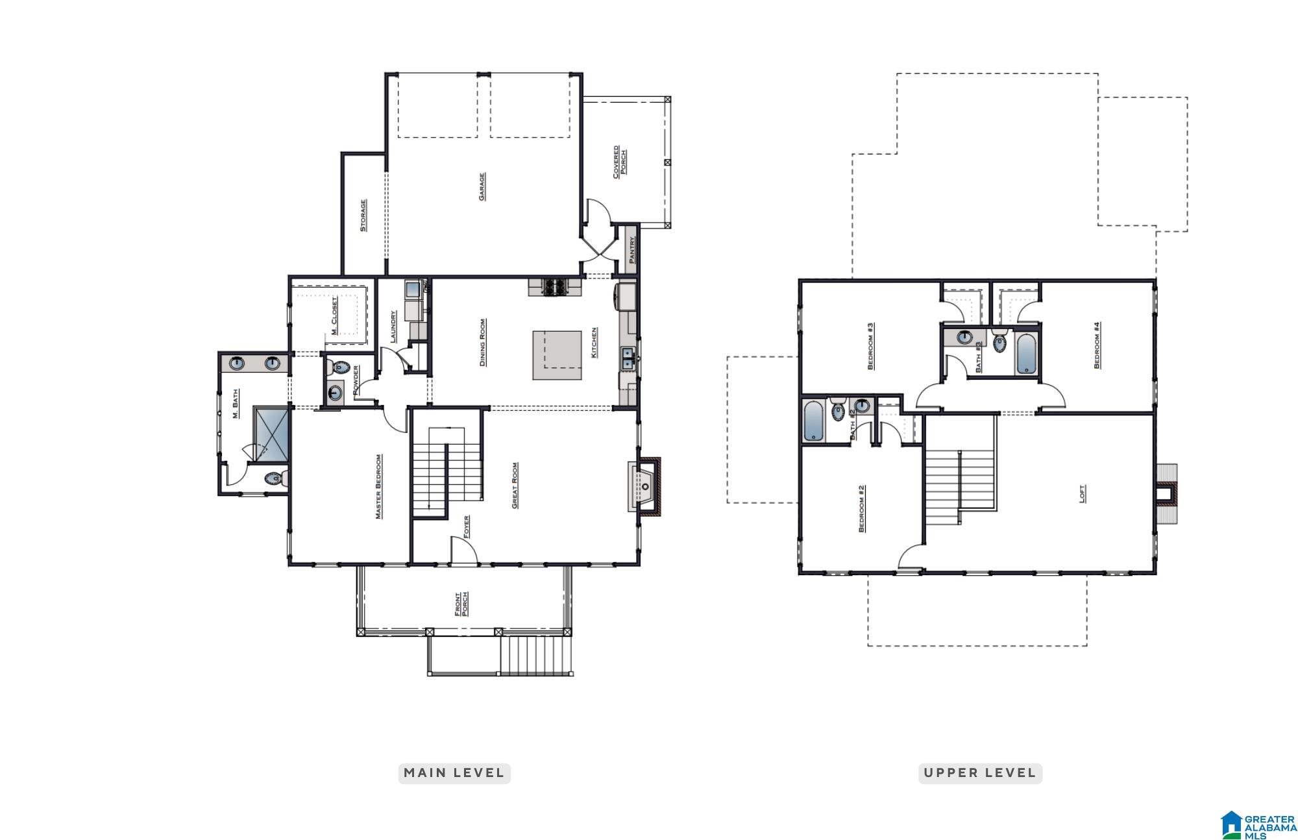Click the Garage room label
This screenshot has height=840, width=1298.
(482, 186)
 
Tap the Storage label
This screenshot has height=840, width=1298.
(363, 215)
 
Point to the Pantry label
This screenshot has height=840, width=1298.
(631, 249)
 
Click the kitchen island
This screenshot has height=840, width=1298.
(557, 355)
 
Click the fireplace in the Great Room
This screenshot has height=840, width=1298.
(645, 486)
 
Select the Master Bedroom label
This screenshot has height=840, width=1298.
(378, 486)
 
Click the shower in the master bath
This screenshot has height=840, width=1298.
(271, 434)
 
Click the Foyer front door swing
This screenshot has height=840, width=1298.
(463, 550)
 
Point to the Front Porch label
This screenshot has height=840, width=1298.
(461, 604)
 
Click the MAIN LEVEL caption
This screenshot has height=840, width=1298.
(454, 772)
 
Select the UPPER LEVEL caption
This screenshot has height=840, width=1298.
(979, 772)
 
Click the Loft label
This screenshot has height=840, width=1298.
(1082, 493)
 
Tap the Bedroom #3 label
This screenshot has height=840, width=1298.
(870, 345)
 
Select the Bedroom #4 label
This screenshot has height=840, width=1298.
(1096, 345)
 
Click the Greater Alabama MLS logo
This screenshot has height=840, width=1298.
(1258, 824)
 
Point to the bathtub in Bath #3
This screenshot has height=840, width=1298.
(1026, 354)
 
